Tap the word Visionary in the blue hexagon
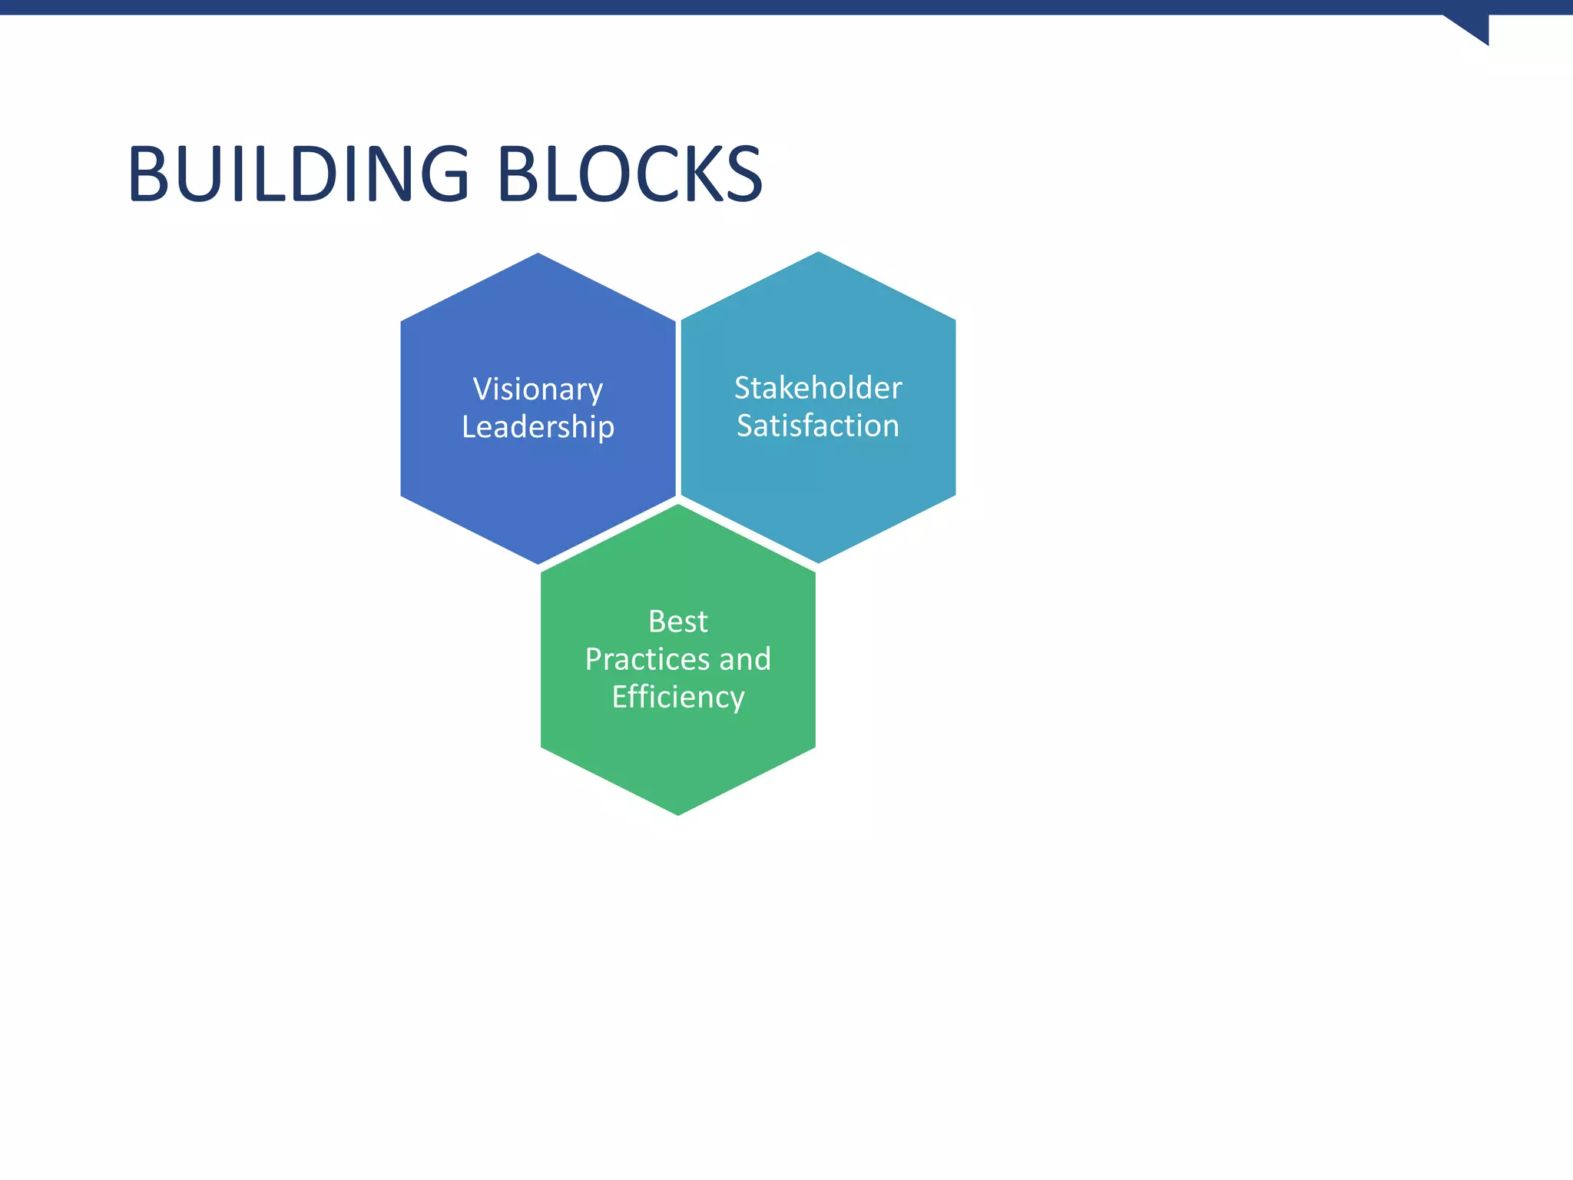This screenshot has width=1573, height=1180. pyautogui.click(x=538, y=389)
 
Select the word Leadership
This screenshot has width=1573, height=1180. pyautogui.click(x=538, y=427)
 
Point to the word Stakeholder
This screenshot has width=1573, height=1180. pyautogui.click(x=818, y=388)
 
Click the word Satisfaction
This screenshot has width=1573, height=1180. pyautogui.click(x=818, y=426)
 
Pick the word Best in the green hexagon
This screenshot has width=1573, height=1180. pyautogui.click(x=677, y=621)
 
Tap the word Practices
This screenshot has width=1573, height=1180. pyautogui.click(x=647, y=659)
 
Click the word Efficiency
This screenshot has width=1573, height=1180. pyautogui.click(x=677, y=698)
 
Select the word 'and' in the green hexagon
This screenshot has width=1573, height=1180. pyautogui.click(x=745, y=659)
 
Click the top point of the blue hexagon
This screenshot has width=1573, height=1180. pyautogui.click(x=538, y=255)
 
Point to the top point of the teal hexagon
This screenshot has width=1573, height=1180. pyautogui.click(x=818, y=254)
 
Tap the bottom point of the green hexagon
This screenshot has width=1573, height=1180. pyautogui.click(x=677, y=813)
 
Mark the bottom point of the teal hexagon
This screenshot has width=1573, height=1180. pyautogui.click(x=818, y=561)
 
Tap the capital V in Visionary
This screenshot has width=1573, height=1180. pyautogui.click(x=482, y=389)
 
